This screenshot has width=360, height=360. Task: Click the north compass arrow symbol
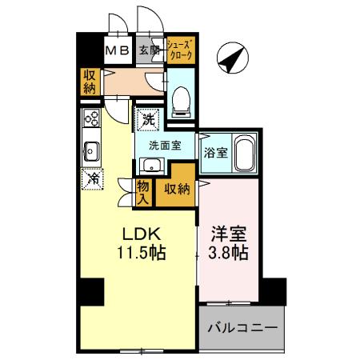[233, 58]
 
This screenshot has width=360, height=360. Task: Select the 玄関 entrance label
[149, 50]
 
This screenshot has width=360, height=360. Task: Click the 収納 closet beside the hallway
[88, 82]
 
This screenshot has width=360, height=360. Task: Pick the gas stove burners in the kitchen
[91, 122]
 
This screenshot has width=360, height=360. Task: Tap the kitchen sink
[90, 150]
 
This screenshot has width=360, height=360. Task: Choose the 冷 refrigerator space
[92, 178]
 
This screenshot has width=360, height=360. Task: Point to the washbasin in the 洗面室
[150, 166]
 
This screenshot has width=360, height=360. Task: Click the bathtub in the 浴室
[244, 151]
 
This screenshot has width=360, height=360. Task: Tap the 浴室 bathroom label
[214, 152]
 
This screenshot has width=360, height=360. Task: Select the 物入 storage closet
[142, 190]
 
